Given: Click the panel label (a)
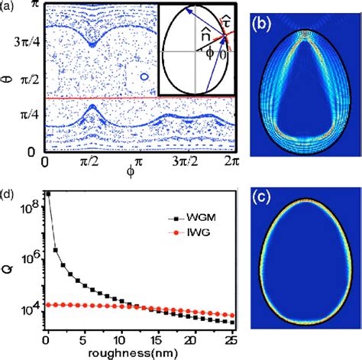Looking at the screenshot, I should point(10,8).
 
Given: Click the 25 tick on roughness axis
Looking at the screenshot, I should point(235,339).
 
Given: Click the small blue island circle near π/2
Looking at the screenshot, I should point(139,77).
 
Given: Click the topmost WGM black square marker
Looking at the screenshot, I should point(47,194).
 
